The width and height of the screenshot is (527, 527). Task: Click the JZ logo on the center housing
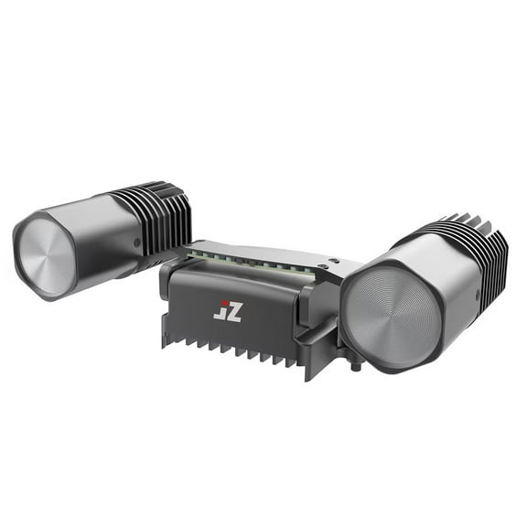(x=228, y=310)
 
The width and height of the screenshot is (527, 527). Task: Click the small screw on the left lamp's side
(x=136, y=242)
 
